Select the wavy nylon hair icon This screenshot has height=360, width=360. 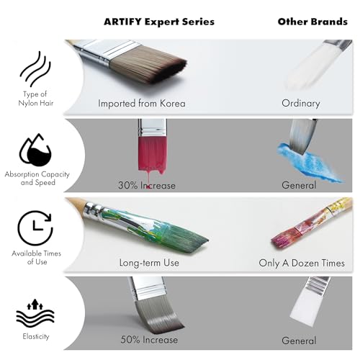coord(35,71)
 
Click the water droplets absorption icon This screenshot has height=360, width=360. coord(35,150)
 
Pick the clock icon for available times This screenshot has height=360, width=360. coord(35,228)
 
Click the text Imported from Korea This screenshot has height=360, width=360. coord(142,103)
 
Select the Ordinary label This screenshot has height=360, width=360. coord(300,103)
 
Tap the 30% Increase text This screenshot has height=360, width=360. coord(147,185)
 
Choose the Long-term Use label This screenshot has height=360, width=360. coord(149,263)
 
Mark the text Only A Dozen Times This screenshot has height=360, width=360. coord(302,263)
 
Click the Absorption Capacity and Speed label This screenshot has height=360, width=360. coord(35,179)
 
